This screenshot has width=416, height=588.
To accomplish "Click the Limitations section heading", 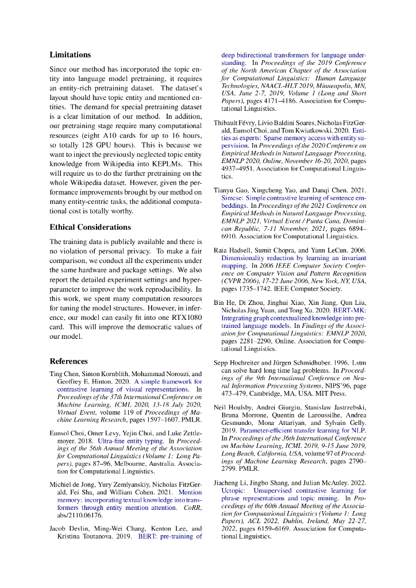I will tap(70, 55).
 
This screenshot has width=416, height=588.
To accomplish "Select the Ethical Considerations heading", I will tap(90, 227).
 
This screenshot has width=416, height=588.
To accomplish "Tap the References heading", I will tap(68, 361).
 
